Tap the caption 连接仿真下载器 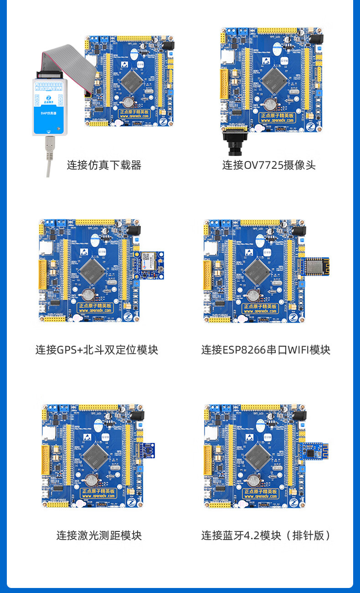pyautogui.click(x=104, y=165)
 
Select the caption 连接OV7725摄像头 pyautogui.click(x=269, y=165)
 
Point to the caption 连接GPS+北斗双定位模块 pyautogui.click(x=97, y=350)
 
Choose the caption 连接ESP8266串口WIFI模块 pyautogui.click(x=266, y=350)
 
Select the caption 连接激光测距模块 pyautogui.click(x=99, y=535)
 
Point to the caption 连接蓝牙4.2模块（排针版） pyautogui.click(x=266, y=535)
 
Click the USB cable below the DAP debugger pyautogui.click(x=48, y=155)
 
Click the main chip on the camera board pyautogui.click(x=275, y=79)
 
